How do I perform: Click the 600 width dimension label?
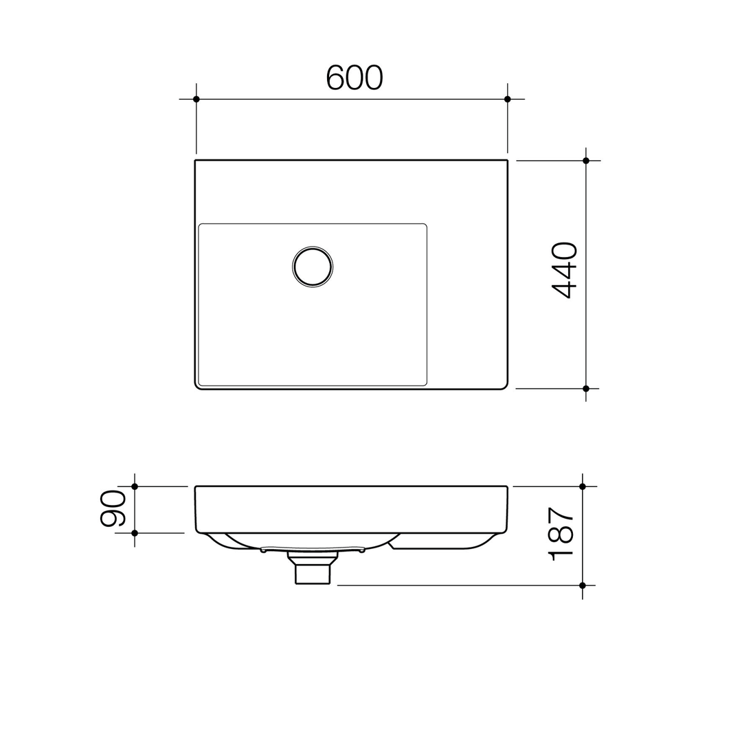pos(354,78)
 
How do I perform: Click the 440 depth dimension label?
pos(564,270)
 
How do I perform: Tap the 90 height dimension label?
pos(113,508)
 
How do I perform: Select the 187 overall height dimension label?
pos(561,534)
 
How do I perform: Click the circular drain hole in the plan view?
pos(313,266)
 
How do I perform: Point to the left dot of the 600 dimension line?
pos(196,99)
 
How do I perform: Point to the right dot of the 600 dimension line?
pos(508,99)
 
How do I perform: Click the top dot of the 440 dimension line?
pos(586,161)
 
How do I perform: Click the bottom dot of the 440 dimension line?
pos(586,388)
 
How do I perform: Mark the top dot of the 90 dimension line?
pos(135,486)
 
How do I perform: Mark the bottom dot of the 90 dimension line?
pos(135,533)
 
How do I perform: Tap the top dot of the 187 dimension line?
pos(583,486)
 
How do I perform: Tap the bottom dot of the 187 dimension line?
pos(583,585)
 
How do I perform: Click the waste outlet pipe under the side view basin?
pos(313,573)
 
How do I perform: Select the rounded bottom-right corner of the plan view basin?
pos(504,385)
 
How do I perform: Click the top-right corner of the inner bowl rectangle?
pos(425,225)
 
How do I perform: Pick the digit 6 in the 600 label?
pos(335,78)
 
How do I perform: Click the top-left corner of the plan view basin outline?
pos(196,161)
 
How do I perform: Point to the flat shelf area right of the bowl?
pos(467,302)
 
